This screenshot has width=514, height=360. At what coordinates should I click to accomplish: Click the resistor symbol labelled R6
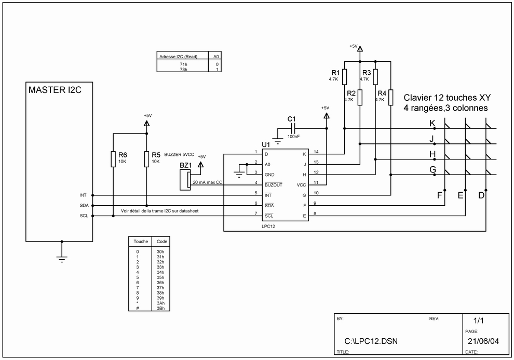click(x=113, y=159)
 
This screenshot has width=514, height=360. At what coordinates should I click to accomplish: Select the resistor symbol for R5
click(x=146, y=159)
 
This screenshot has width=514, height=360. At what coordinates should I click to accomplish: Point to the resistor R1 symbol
click(x=345, y=77)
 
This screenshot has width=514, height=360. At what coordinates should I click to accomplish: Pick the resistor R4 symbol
click(x=391, y=97)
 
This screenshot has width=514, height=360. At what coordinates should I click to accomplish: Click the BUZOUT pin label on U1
click(x=274, y=185)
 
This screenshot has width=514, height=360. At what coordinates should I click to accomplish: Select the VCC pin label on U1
click(x=301, y=185)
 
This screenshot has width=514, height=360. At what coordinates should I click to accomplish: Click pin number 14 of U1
click(x=316, y=152)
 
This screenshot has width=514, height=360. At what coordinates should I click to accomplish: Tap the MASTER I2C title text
click(x=55, y=90)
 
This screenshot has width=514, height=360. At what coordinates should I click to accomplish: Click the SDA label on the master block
click(x=84, y=206)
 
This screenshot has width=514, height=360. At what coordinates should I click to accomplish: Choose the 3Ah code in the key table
click(x=160, y=303)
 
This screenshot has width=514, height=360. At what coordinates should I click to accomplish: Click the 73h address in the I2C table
click(x=184, y=70)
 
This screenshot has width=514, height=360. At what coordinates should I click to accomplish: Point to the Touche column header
click(x=141, y=242)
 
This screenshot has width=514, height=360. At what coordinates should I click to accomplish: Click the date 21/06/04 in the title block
click(x=483, y=341)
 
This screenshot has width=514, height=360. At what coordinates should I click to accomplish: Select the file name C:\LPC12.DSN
click(x=371, y=341)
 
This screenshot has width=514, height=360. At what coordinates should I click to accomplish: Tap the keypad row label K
click(x=432, y=123)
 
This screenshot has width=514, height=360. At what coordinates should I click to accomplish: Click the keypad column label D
click(x=481, y=195)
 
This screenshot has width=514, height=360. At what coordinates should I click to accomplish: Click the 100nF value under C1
click(x=293, y=137)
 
